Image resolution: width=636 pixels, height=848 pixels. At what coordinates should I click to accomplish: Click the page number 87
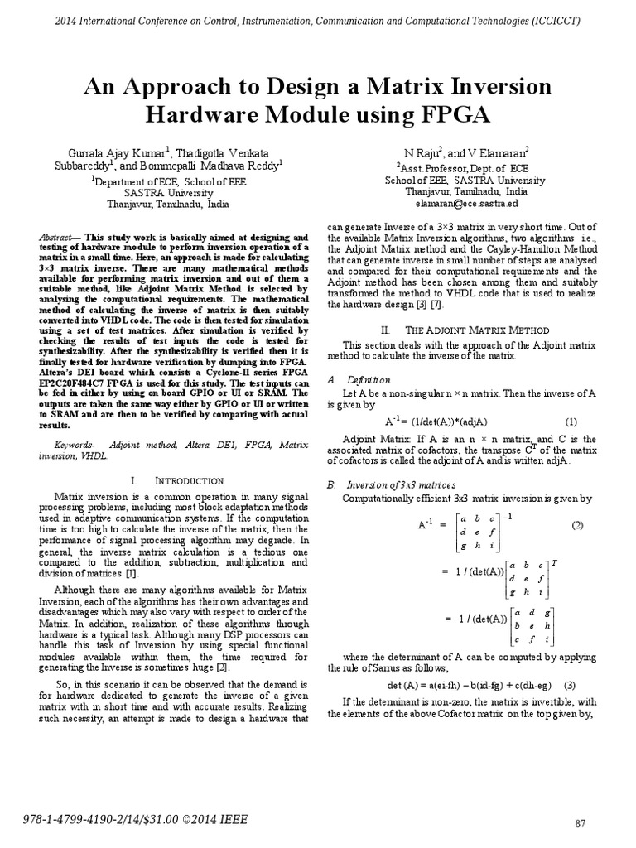(581, 823)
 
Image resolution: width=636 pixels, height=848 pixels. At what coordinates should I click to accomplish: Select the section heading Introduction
(190, 480)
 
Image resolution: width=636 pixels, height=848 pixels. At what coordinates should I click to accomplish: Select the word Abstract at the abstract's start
(55, 237)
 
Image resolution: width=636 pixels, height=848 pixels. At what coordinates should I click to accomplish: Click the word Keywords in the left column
(61, 445)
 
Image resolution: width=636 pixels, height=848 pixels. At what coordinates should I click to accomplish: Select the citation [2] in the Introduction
(221, 667)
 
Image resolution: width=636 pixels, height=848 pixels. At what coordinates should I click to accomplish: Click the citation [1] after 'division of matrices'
(132, 573)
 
